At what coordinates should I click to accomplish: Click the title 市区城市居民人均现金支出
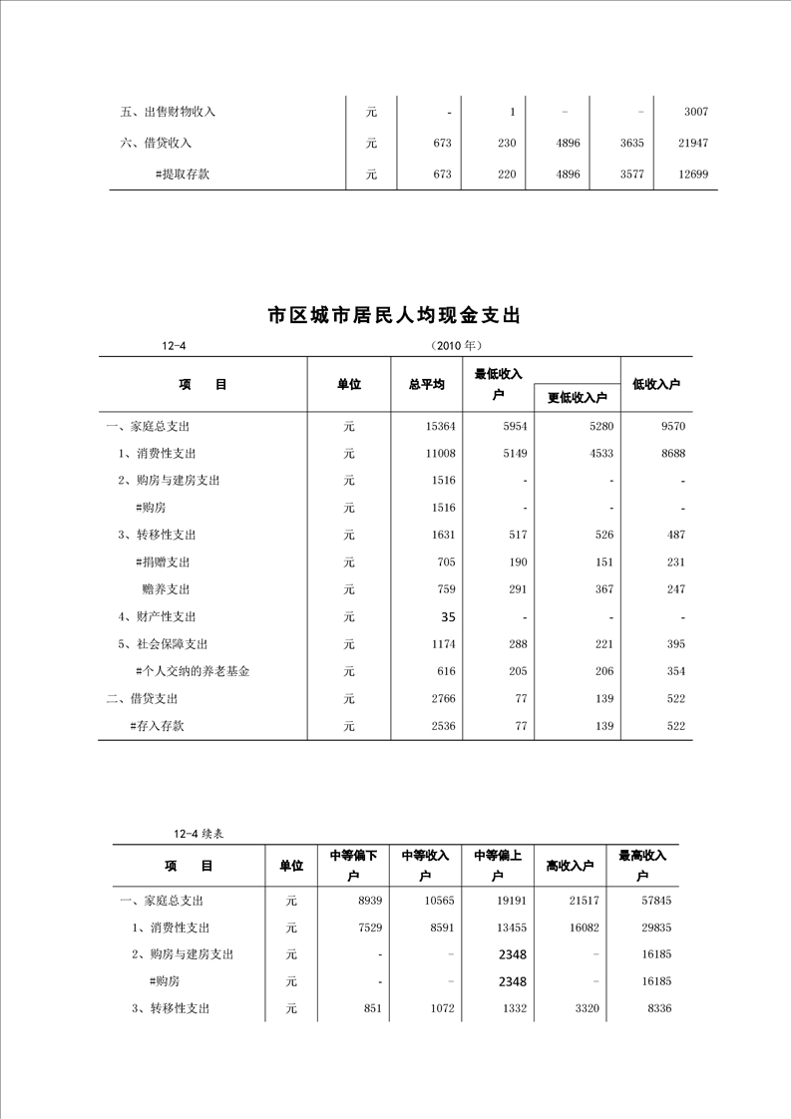tap(395, 316)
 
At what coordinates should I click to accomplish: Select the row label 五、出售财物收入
tap(168, 112)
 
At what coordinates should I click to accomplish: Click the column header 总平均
tap(426, 385)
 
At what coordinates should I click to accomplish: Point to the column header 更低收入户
tap(578, 398)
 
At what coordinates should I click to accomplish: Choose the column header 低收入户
tap(656, 385)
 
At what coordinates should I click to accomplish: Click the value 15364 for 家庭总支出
tap(440, 427)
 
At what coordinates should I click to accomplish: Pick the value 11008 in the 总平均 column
tap(440, 454)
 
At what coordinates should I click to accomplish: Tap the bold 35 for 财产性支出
tap(448, 617)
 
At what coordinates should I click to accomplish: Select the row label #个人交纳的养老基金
tap(193, 671)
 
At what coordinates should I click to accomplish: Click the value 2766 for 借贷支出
tap(444, 699)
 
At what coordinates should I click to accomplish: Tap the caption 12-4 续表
tap(202, 834)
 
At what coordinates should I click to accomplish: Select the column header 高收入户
tap(571, 866)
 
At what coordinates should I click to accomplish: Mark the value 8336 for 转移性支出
tap(659, 1009)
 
